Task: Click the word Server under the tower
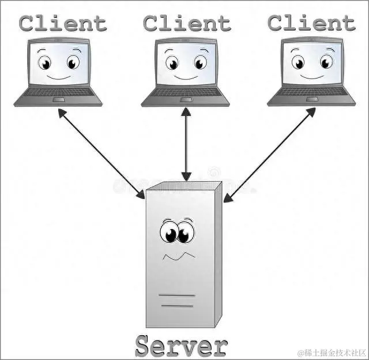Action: [181, 346]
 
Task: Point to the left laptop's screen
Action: [58, 63]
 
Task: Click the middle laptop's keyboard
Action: [185, 92]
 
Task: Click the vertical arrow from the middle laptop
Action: [186, 144]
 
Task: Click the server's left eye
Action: [170, 234]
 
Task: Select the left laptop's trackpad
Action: [58, 99]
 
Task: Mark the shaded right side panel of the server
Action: [217, 254]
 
